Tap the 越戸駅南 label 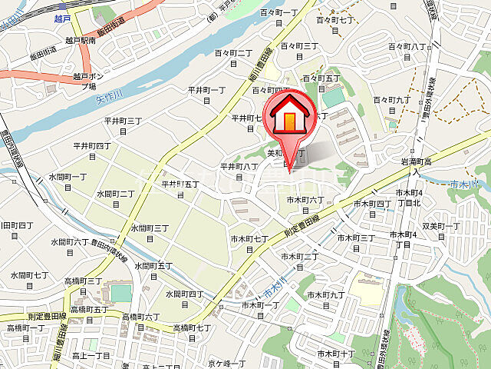pyautogui.click(x=80, y=39)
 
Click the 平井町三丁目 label pyautogui.click(x=124, y=125)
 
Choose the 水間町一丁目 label pyautogui.click(x=68, y=181)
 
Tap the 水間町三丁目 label pyautogui.click(x=150, y=232)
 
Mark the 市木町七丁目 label pyautogui.click(x=249, y=243)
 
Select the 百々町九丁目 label pyautogui.click(x=393, y=104)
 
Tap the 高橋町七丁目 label pyautogui.click(x=192, y=332)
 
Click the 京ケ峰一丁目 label pyautogui.click(x=226, y=362)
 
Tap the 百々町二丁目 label pyautogui.click(x=233, y=57)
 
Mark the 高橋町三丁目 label pyautogui.click(x=84, y=285)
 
